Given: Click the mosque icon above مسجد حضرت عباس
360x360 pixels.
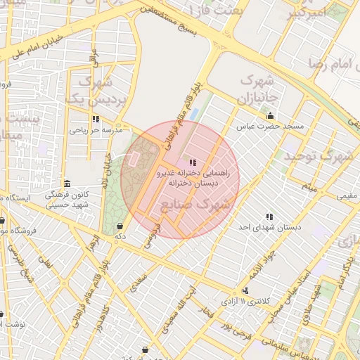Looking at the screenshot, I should (271, 116).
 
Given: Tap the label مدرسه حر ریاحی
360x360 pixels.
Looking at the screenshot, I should (96, 130).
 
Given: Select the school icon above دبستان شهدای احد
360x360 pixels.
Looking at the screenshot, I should (269, 217).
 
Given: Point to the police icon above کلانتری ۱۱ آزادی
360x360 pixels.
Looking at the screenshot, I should (245, 290).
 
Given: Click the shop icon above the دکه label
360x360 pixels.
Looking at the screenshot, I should (120, 226).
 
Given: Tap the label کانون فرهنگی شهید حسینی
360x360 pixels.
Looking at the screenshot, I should (67, 198).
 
